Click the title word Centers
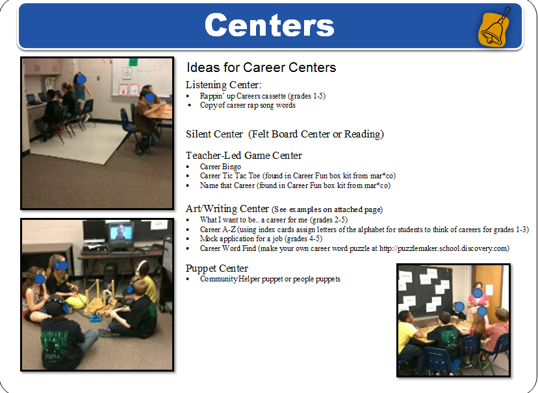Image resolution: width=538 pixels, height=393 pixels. point(270,25)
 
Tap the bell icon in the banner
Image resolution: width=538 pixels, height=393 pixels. point(494,27)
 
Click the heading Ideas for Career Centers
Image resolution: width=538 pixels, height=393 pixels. point(261,67)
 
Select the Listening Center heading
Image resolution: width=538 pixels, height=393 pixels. point(224,84)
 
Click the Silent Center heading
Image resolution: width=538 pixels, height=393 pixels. point(285,134)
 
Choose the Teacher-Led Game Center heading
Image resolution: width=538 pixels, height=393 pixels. point(244,156)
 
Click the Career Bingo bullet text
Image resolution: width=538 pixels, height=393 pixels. point(220,167)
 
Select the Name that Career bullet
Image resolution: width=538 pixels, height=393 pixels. point(295,185)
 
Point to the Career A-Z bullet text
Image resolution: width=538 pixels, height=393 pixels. point(365,230)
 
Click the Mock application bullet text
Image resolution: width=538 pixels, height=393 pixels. point(261,239)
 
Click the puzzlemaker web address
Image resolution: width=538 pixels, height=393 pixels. point(443,248)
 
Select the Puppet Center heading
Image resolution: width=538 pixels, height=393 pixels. point(217,268)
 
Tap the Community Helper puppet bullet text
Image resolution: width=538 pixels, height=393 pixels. point(270,279)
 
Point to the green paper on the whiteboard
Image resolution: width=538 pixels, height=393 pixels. point(133,62)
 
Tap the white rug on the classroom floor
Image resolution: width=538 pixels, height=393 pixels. point(77,143)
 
